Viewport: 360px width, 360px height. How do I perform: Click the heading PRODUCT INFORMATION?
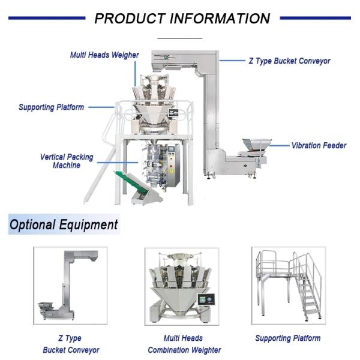[x=182, y=18]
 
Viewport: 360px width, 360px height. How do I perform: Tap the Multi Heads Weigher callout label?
[x=104, y=55]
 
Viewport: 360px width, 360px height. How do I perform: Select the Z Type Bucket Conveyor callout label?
[x=289, y=61]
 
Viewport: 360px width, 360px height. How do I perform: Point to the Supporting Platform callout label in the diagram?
[x=51, y=107]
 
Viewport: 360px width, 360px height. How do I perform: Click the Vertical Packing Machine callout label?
[x=67, y=161]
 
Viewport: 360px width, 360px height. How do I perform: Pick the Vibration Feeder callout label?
[x=319, y=145]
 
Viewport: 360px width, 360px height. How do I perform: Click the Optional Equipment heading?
[x=63, y=225]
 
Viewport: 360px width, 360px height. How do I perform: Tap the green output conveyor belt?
[x=130, y=183]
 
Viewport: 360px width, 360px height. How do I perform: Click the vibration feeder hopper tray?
[x=255, y=145]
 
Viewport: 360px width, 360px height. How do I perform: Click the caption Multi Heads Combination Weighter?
[x=184, y=344]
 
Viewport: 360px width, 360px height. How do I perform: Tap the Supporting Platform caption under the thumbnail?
[x=287, y=338]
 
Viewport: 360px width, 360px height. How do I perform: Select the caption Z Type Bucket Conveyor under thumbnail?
[x=71, y=344]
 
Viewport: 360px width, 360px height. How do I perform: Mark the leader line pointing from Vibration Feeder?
[x=278, y=145]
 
